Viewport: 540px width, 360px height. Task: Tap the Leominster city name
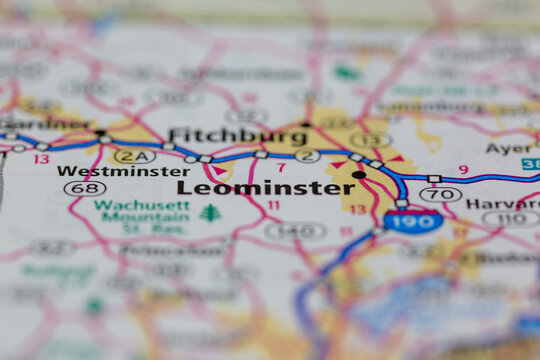click(251, 187)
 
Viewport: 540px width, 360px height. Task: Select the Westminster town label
click(122, 171)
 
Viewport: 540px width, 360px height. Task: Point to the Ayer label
click(510, 148)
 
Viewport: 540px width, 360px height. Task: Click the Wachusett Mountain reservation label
click(128, 215)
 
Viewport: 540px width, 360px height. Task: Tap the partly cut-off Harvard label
click(502, 204)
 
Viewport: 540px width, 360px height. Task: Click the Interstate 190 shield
click(413, 221)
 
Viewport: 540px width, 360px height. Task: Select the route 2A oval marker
click(134, 156)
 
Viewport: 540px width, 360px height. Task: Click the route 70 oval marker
click(440, 194)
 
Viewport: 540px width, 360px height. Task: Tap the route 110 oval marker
click(510, 218)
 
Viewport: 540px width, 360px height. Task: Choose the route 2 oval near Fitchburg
click(308, 156)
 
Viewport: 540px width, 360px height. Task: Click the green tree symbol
click(210, 213)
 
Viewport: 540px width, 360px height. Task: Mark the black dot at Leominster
click(358, 175)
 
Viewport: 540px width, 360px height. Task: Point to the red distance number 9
click(463, 170)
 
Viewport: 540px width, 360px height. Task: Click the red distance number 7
click(281, 168)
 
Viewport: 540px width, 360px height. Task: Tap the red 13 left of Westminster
click(41, 159)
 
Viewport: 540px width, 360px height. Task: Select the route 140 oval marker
click(295, 230)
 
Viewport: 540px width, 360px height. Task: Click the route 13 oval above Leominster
click(370, 141)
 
